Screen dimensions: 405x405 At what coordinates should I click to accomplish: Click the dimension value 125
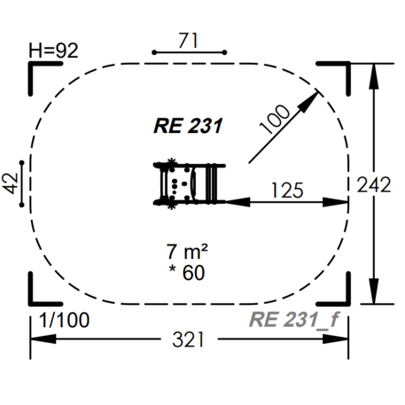pos(287,189)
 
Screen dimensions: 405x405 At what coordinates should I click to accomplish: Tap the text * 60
pos(186,273)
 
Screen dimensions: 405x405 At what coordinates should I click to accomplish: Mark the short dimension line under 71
pos(186,52)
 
